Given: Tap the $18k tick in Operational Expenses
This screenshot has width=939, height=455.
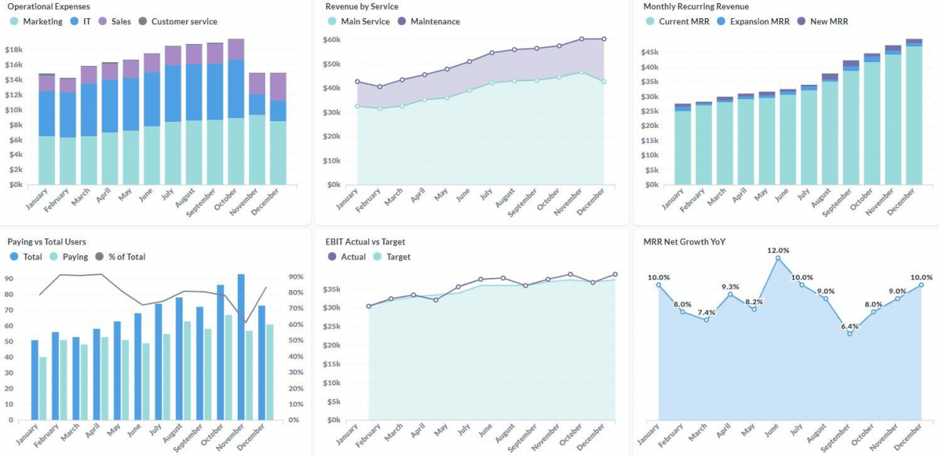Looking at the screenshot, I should click(x=14, y=50).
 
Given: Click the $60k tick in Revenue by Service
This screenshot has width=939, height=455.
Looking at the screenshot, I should click(x=332, y=39).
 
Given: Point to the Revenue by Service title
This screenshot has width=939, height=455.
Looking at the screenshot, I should click(x=361, y=6).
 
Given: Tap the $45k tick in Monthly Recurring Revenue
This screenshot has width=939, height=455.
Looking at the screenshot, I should click(x=650, y=52).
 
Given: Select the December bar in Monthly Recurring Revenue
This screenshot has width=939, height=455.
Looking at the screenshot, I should click(x=914, y=114).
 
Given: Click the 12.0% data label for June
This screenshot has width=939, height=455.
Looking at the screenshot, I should click(x=778, y=251).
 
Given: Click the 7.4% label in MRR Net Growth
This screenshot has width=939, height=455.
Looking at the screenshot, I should click(x=706, y=313).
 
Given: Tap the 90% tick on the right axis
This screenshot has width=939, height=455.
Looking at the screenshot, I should click(x=295, y=279).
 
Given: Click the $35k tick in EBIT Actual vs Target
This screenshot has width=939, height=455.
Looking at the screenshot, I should click(x=332, y=289).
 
